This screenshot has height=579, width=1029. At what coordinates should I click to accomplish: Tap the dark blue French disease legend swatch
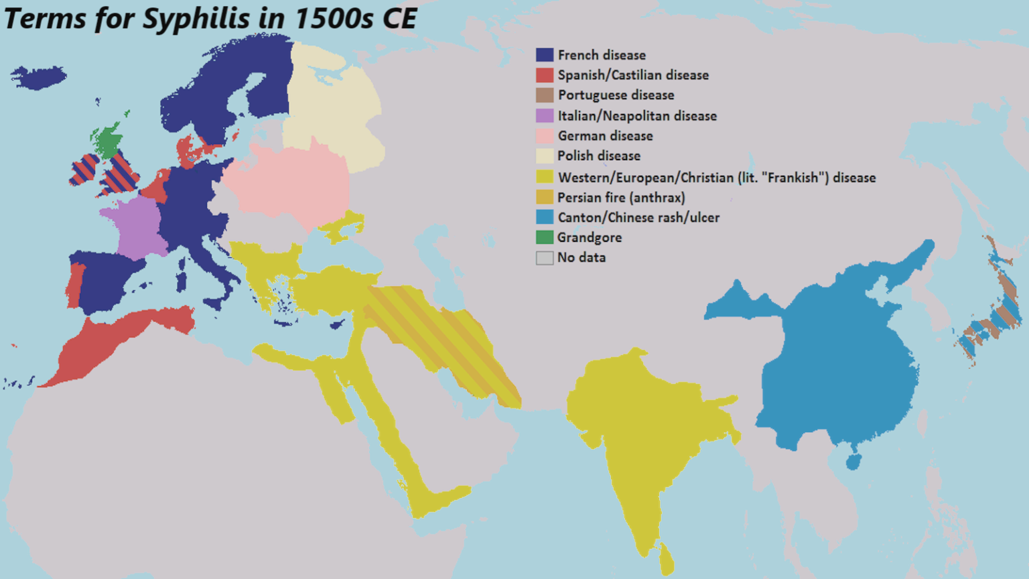(x=545, y=55)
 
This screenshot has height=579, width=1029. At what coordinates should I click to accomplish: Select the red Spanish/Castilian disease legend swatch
(x=545, y=75)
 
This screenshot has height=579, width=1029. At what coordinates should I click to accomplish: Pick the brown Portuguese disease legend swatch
(x=545, y=95)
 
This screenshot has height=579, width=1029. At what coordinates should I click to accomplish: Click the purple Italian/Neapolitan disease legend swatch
(x=545, y=116)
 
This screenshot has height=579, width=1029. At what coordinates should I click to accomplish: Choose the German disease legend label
(x=605, y=136)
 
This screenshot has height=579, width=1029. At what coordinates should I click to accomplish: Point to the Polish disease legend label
(x=599, y=156)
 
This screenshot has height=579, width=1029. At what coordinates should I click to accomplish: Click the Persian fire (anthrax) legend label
(x=621, y=198)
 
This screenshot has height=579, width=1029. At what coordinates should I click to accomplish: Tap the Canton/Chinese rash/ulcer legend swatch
(x=545, y=217)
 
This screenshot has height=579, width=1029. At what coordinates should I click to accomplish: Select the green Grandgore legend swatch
(x=545, y=237)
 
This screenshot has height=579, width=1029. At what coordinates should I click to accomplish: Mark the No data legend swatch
(x=545, y=258)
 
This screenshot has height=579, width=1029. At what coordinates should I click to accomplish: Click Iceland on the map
(x=38, y=77)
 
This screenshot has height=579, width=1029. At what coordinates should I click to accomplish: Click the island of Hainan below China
(x=853, y=462)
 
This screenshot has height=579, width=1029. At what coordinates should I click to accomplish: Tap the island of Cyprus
(x=338, y=324)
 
